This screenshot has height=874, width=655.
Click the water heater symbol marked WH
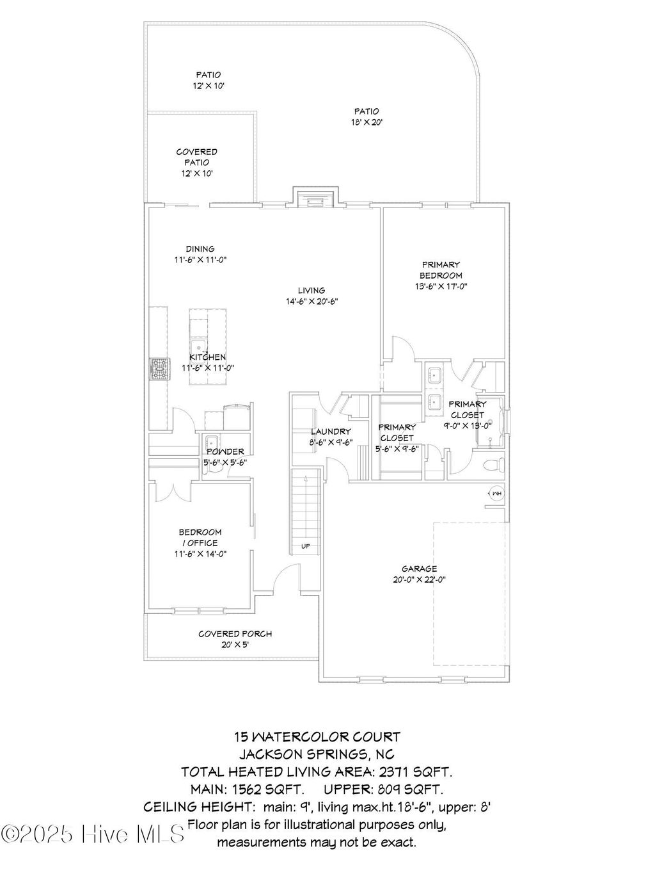[496, 493]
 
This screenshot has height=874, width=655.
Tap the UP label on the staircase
[306, 546]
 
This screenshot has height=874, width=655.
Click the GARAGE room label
[420, 569]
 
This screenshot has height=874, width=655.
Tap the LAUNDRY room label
[331, 432]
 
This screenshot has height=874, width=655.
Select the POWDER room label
[225, 451]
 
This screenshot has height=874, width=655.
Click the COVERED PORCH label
[235, 634]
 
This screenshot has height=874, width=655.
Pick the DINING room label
[200, 249]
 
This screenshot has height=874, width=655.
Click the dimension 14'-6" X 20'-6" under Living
[312, 302]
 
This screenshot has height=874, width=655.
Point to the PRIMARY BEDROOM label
[441, 270]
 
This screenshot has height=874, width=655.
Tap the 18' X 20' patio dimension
[367, 122]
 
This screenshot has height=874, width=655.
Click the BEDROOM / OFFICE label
[200, 537]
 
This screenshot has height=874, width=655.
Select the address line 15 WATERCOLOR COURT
[317, 738]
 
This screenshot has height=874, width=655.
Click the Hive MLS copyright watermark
[93, 834]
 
